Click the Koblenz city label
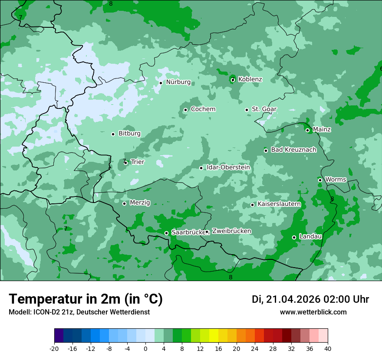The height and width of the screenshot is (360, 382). click(x=250, y=79)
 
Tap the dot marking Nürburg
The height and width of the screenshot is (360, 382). click(x=161, y=83)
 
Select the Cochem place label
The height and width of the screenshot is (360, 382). click(x=203, y=109)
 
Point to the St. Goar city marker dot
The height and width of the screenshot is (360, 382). click(x=247, y=110)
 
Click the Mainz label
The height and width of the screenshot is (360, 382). click(x=322, y=130)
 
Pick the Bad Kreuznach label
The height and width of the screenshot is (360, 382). click(x=293, y=150)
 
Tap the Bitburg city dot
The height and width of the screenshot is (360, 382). click(x=113, y=134)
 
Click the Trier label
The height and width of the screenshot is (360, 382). click(x=137, y=162)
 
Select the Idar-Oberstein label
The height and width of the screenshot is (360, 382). click(x=228, y=167)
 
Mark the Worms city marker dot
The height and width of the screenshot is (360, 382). click(x=320, y=180)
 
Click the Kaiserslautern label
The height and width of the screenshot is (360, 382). click(x=279, y=204)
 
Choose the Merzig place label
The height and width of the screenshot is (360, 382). click(x=140, y=203)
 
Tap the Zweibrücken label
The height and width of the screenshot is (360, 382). click(x=231, y=231)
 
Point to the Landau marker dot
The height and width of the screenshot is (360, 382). click(x=294, y=237)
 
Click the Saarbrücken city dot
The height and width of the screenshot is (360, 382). click(x=166, y=233)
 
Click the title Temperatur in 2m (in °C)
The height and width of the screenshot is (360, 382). click(x=86, y=299)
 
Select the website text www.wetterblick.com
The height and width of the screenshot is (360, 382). click(x=313, y=312)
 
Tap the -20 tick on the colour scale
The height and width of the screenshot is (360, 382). click(x=54, y=349)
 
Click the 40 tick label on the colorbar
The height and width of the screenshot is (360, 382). click(x=327, y=349)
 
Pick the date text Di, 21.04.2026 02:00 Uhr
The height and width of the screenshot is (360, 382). click(x=310, y=299)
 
